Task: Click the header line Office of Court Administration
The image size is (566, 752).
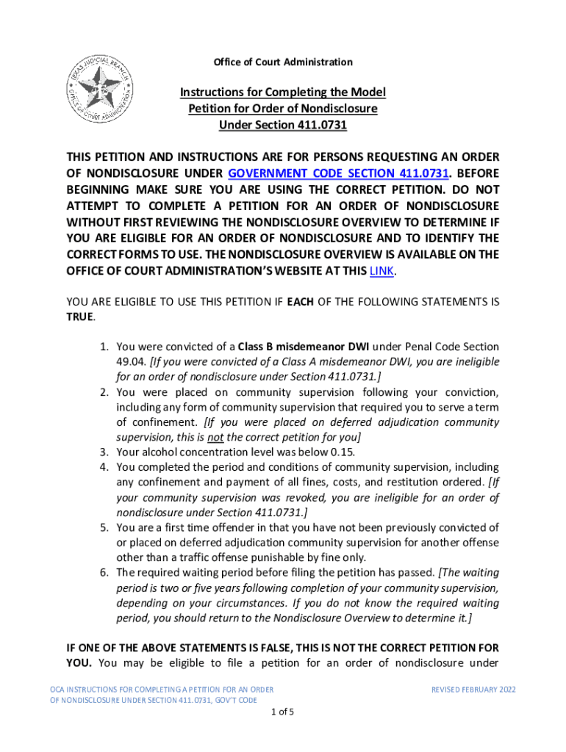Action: click(283, 62)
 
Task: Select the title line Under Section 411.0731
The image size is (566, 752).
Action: click(283, 125)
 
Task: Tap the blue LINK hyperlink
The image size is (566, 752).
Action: click(381, 270)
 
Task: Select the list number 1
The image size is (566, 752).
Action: click(103, 347)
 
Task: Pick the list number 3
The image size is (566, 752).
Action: click(103, 452)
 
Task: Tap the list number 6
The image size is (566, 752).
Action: click(103, 573)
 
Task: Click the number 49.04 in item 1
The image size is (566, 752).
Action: click(130, 362)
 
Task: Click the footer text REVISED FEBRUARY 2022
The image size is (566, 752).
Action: click(473, 690)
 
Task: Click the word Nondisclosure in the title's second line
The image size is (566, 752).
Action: click(342, 109)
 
